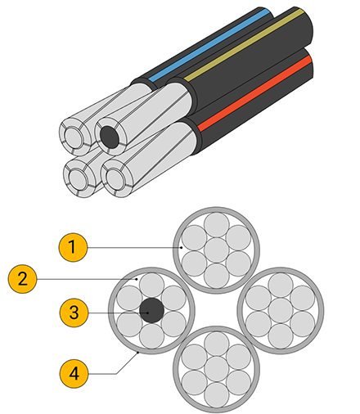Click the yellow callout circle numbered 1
[73, 247]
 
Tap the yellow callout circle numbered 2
[22, 279]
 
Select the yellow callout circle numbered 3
[74, 313]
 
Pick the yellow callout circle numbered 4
[74, 373]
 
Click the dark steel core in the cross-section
[151, 310]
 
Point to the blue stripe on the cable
[209, 45]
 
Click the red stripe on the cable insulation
[254, 93]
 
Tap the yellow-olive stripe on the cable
[244, 45]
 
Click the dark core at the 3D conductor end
[110, 137]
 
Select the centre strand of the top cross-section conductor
[216, 250]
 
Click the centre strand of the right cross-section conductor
[281, 310]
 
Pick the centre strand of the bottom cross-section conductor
[216, 369]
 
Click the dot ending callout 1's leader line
[182, 248]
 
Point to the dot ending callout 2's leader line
[137, 279]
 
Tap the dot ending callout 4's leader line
[138, 353]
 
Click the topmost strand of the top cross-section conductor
[216, 225]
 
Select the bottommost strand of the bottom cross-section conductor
[216, 394]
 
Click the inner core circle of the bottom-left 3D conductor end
[79, 178]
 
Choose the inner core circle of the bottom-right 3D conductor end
[115, 178]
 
